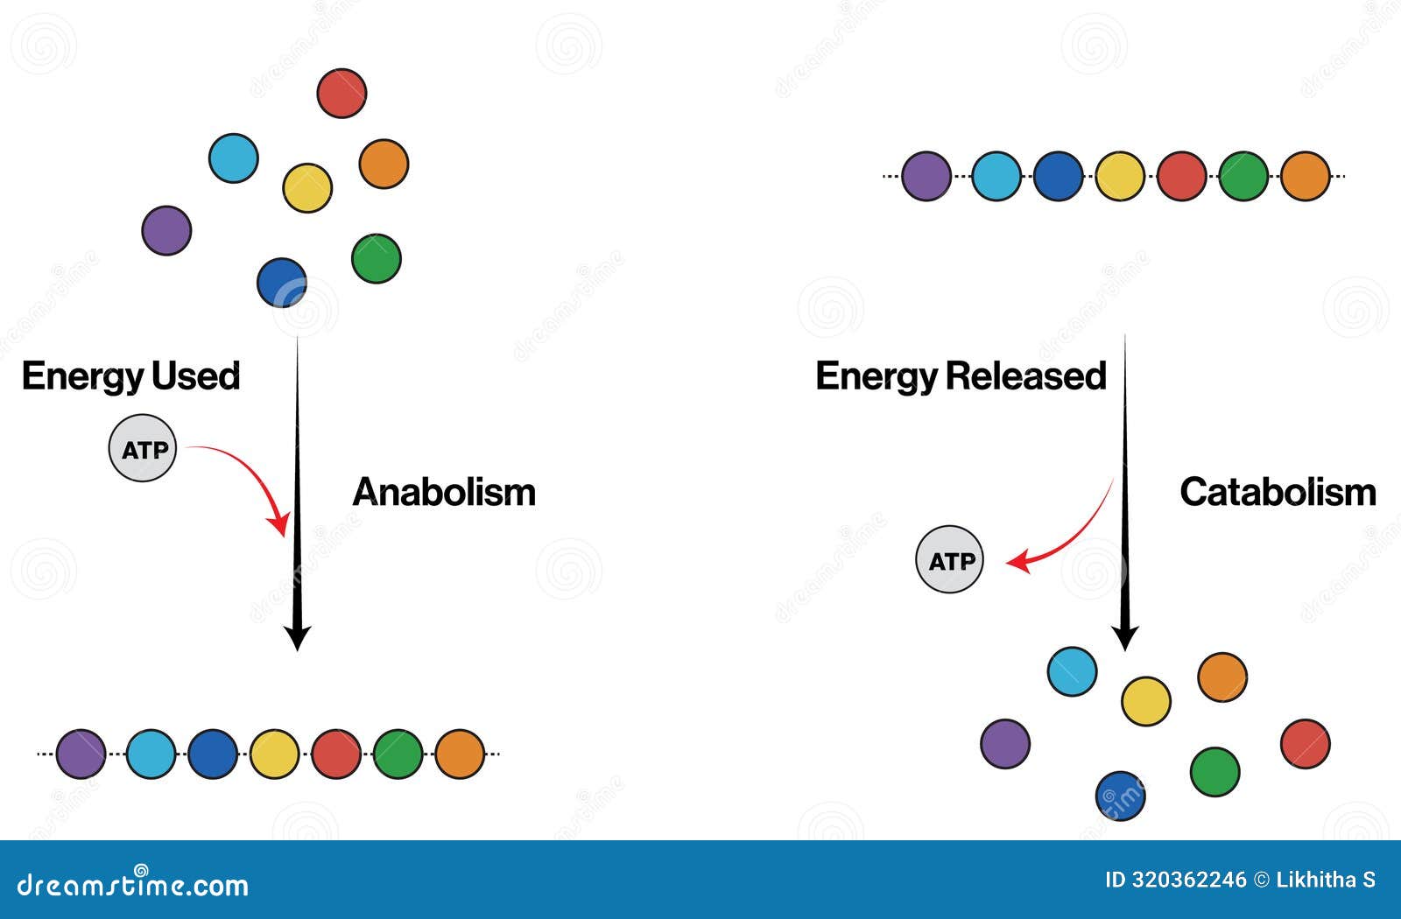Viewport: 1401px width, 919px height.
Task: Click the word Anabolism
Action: click(444, 492)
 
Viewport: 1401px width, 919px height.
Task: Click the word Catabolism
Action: click(1278, 492)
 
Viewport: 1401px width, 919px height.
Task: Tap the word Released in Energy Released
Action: click(1025, 376)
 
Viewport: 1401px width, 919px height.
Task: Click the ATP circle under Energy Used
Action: click(143, 448)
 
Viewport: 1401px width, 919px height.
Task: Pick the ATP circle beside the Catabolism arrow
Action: click(950, 560)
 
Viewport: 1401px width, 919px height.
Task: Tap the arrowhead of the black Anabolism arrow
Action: click(298, 637)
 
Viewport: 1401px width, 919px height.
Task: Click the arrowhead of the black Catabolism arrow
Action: click(1125, 636)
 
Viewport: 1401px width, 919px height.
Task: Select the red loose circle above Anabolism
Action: click(341, 93)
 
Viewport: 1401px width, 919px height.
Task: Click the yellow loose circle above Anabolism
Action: click(307, 187)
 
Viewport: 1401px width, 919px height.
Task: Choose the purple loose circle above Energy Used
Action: click(166, 230)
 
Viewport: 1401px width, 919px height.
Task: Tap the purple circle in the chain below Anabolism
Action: click(81, 754)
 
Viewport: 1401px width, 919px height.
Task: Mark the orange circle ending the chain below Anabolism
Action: click(460, 754)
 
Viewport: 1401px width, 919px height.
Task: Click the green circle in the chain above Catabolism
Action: click(1243, 176)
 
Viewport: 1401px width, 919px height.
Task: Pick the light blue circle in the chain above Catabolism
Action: click(996, 176)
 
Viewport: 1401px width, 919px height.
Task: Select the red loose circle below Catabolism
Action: click(1305, 744)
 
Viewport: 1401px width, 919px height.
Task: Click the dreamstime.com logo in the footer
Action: click(133, 884)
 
